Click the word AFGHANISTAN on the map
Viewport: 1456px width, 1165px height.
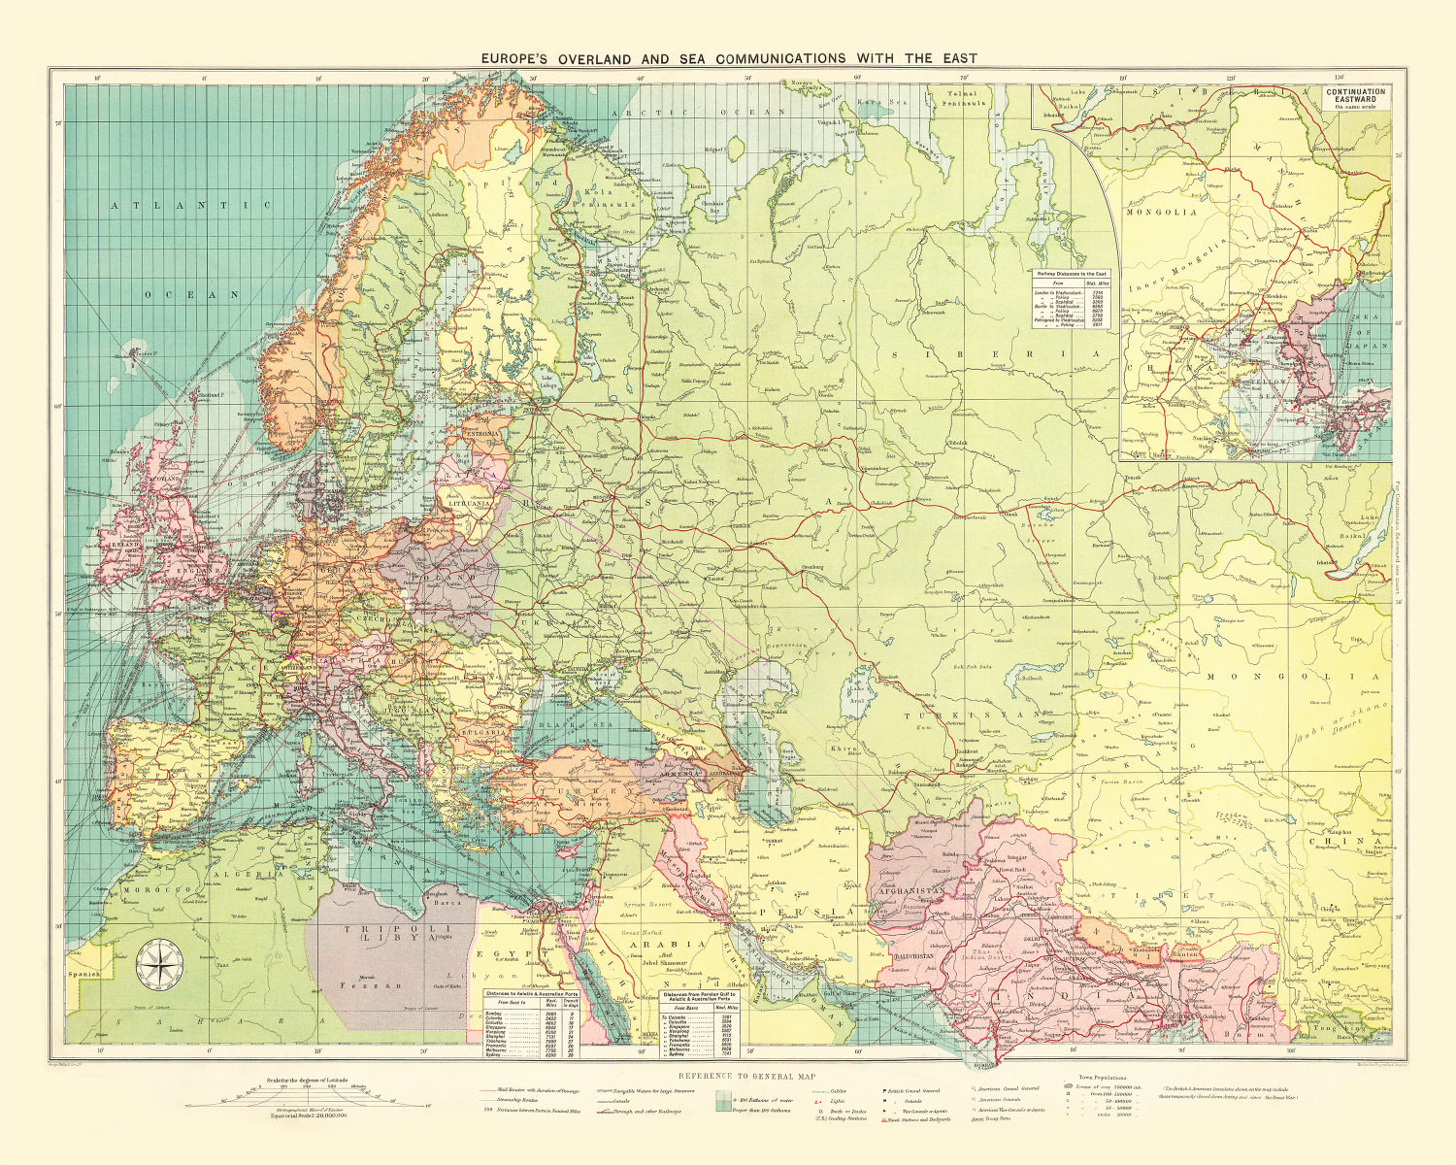tap(910, 889)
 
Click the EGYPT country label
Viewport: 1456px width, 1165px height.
tap(511, 954)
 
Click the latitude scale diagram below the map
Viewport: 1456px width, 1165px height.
tap(306, 1097)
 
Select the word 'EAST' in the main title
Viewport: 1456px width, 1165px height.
tap(957, 58)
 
